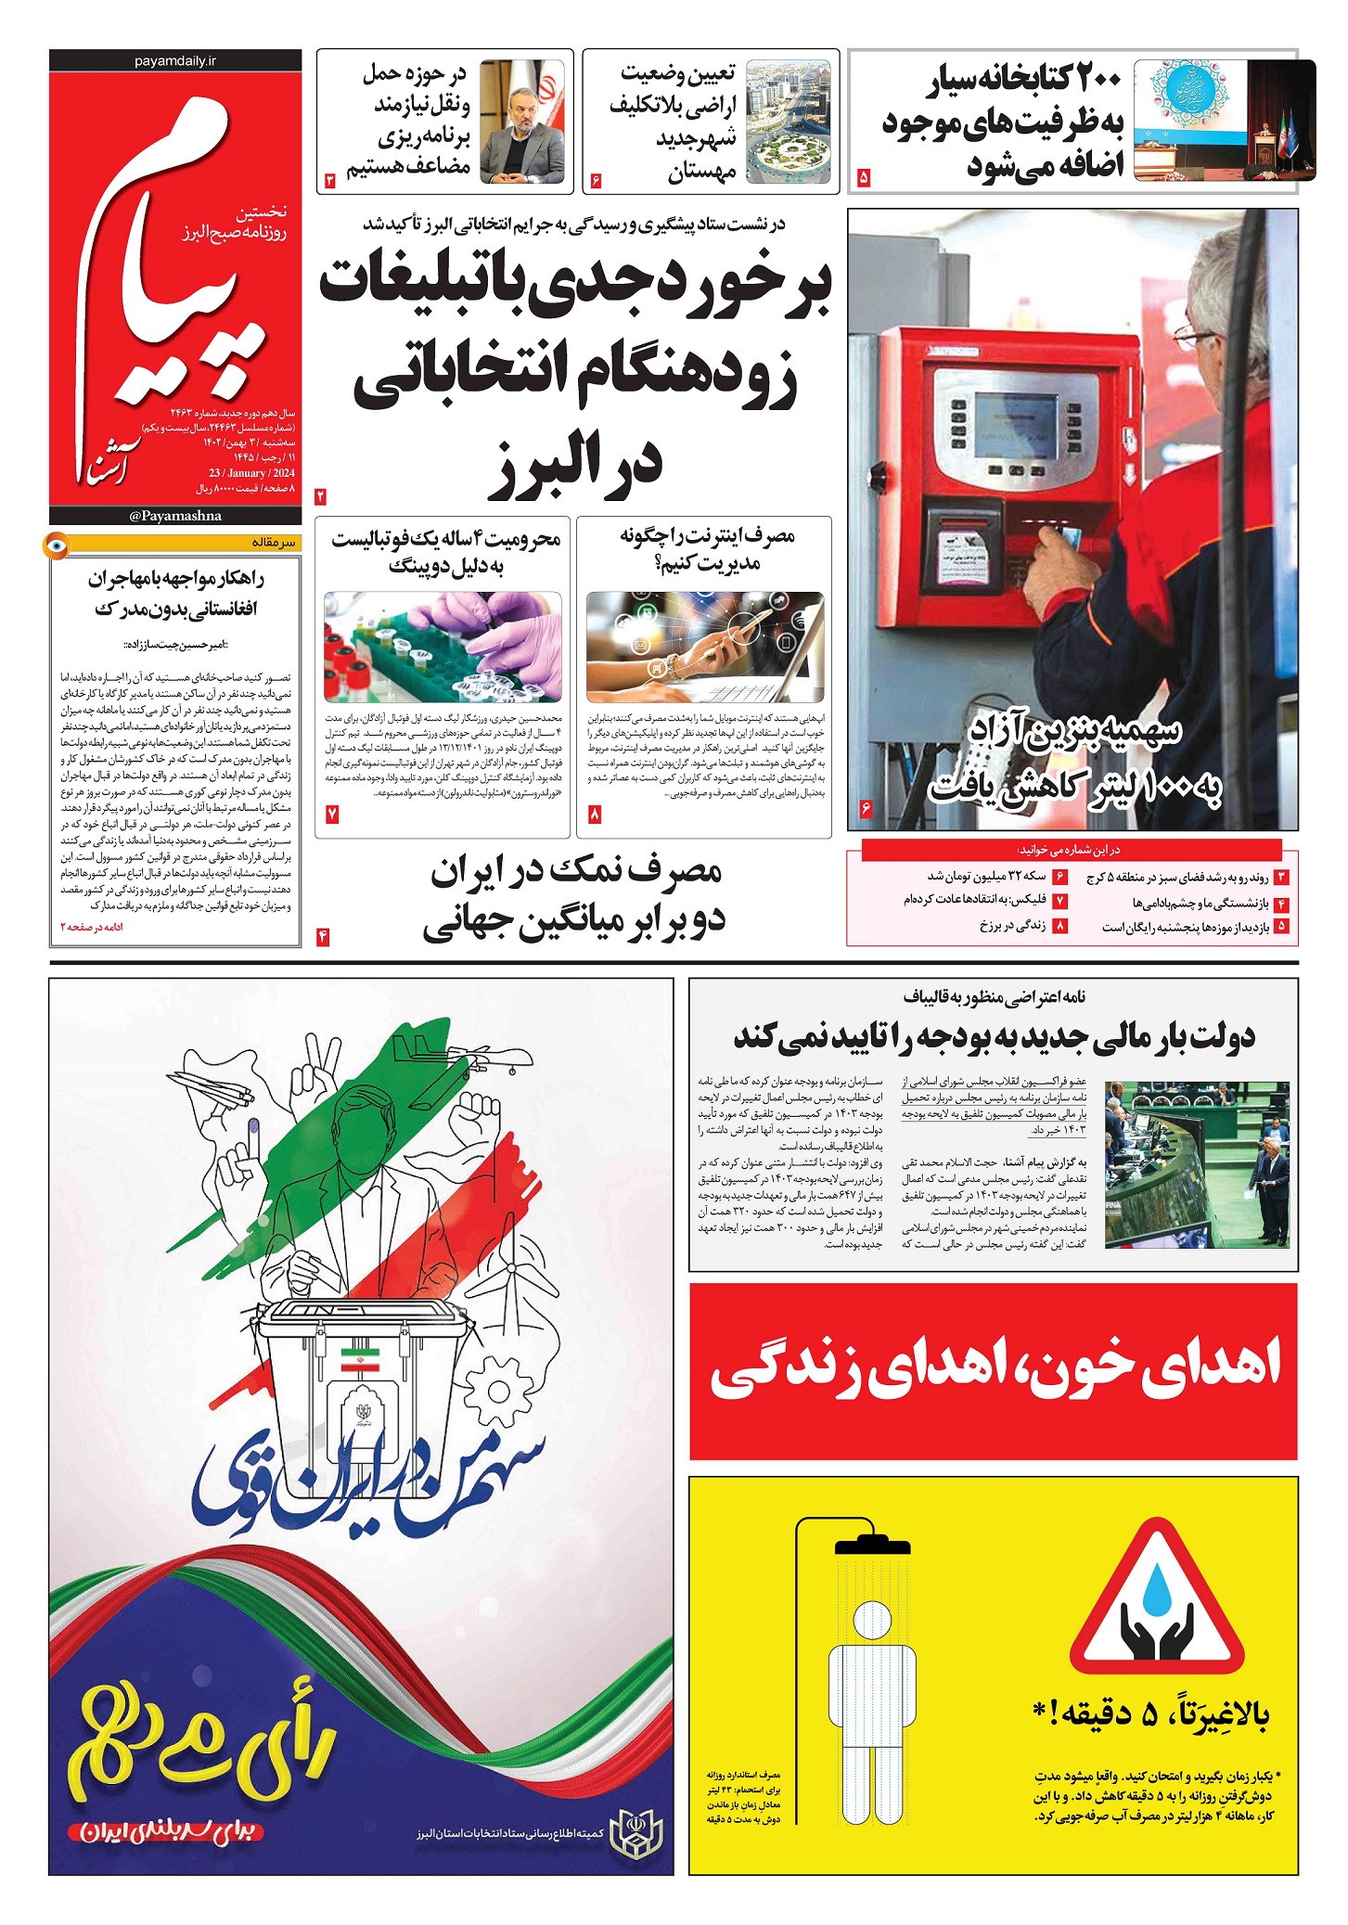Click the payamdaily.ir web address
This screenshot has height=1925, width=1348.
coord(174,60)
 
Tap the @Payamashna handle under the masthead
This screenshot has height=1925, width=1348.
coord(175,516)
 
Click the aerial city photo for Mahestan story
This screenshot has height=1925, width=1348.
coord(789,122)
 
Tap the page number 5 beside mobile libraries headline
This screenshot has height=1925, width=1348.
coord(864,176)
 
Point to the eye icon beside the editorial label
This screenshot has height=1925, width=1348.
coord(57,545)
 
